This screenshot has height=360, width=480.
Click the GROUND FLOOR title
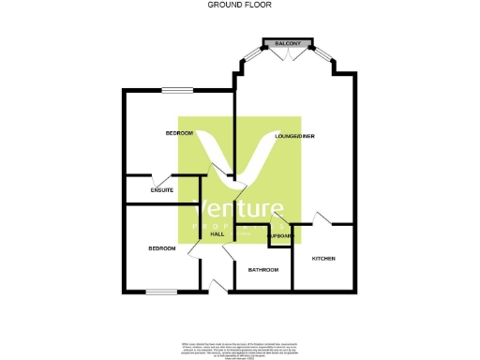[239, 5]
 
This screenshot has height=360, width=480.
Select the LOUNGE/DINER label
[295, 137]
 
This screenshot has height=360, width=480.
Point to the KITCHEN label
[323, 258]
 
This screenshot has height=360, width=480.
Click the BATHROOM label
[263, 270]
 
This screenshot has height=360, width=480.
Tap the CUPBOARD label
[280, 236]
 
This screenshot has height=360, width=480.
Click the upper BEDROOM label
[179, 133]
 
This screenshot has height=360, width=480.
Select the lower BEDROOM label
[162, 248]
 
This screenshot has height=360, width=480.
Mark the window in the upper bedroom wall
[176, 90]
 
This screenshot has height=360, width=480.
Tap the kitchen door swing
[322, 218]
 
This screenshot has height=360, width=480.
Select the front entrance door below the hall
[217, 285]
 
